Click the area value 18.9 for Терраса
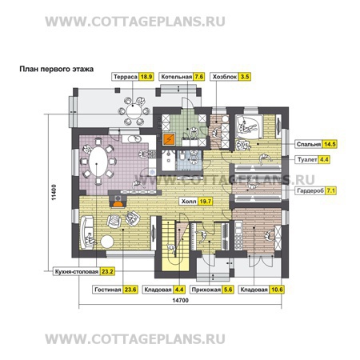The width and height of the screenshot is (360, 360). click(x=146, y=78)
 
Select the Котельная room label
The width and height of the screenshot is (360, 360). click(x=175, y=78)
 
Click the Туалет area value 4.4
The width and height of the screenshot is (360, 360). click(x=324, y=160)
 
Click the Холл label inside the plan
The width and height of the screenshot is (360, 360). click(x=188, y=202)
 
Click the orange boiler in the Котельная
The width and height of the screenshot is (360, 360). click(x=169, y=138)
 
